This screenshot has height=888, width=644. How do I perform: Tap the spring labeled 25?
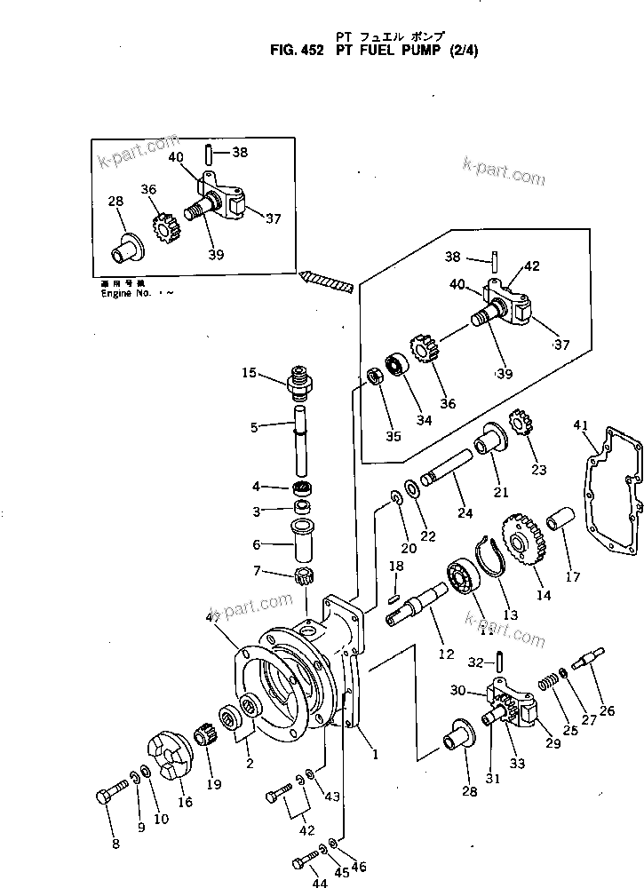point(552,683)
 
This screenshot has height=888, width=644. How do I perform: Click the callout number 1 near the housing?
point(376,756)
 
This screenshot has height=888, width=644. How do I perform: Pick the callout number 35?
point(393,436)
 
